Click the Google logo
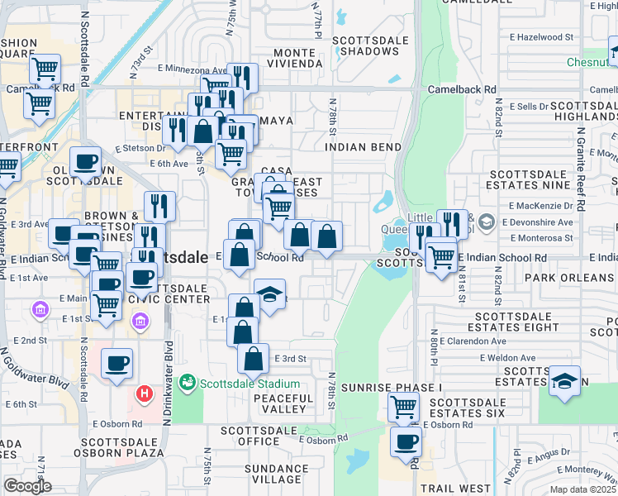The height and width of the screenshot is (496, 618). [x=27, y=486]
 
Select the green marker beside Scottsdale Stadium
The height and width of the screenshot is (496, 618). [x=187, y=384]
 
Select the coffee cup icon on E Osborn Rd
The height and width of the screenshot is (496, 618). [x=406, y=441]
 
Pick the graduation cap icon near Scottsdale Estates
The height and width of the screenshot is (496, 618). [x=564, y=381]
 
